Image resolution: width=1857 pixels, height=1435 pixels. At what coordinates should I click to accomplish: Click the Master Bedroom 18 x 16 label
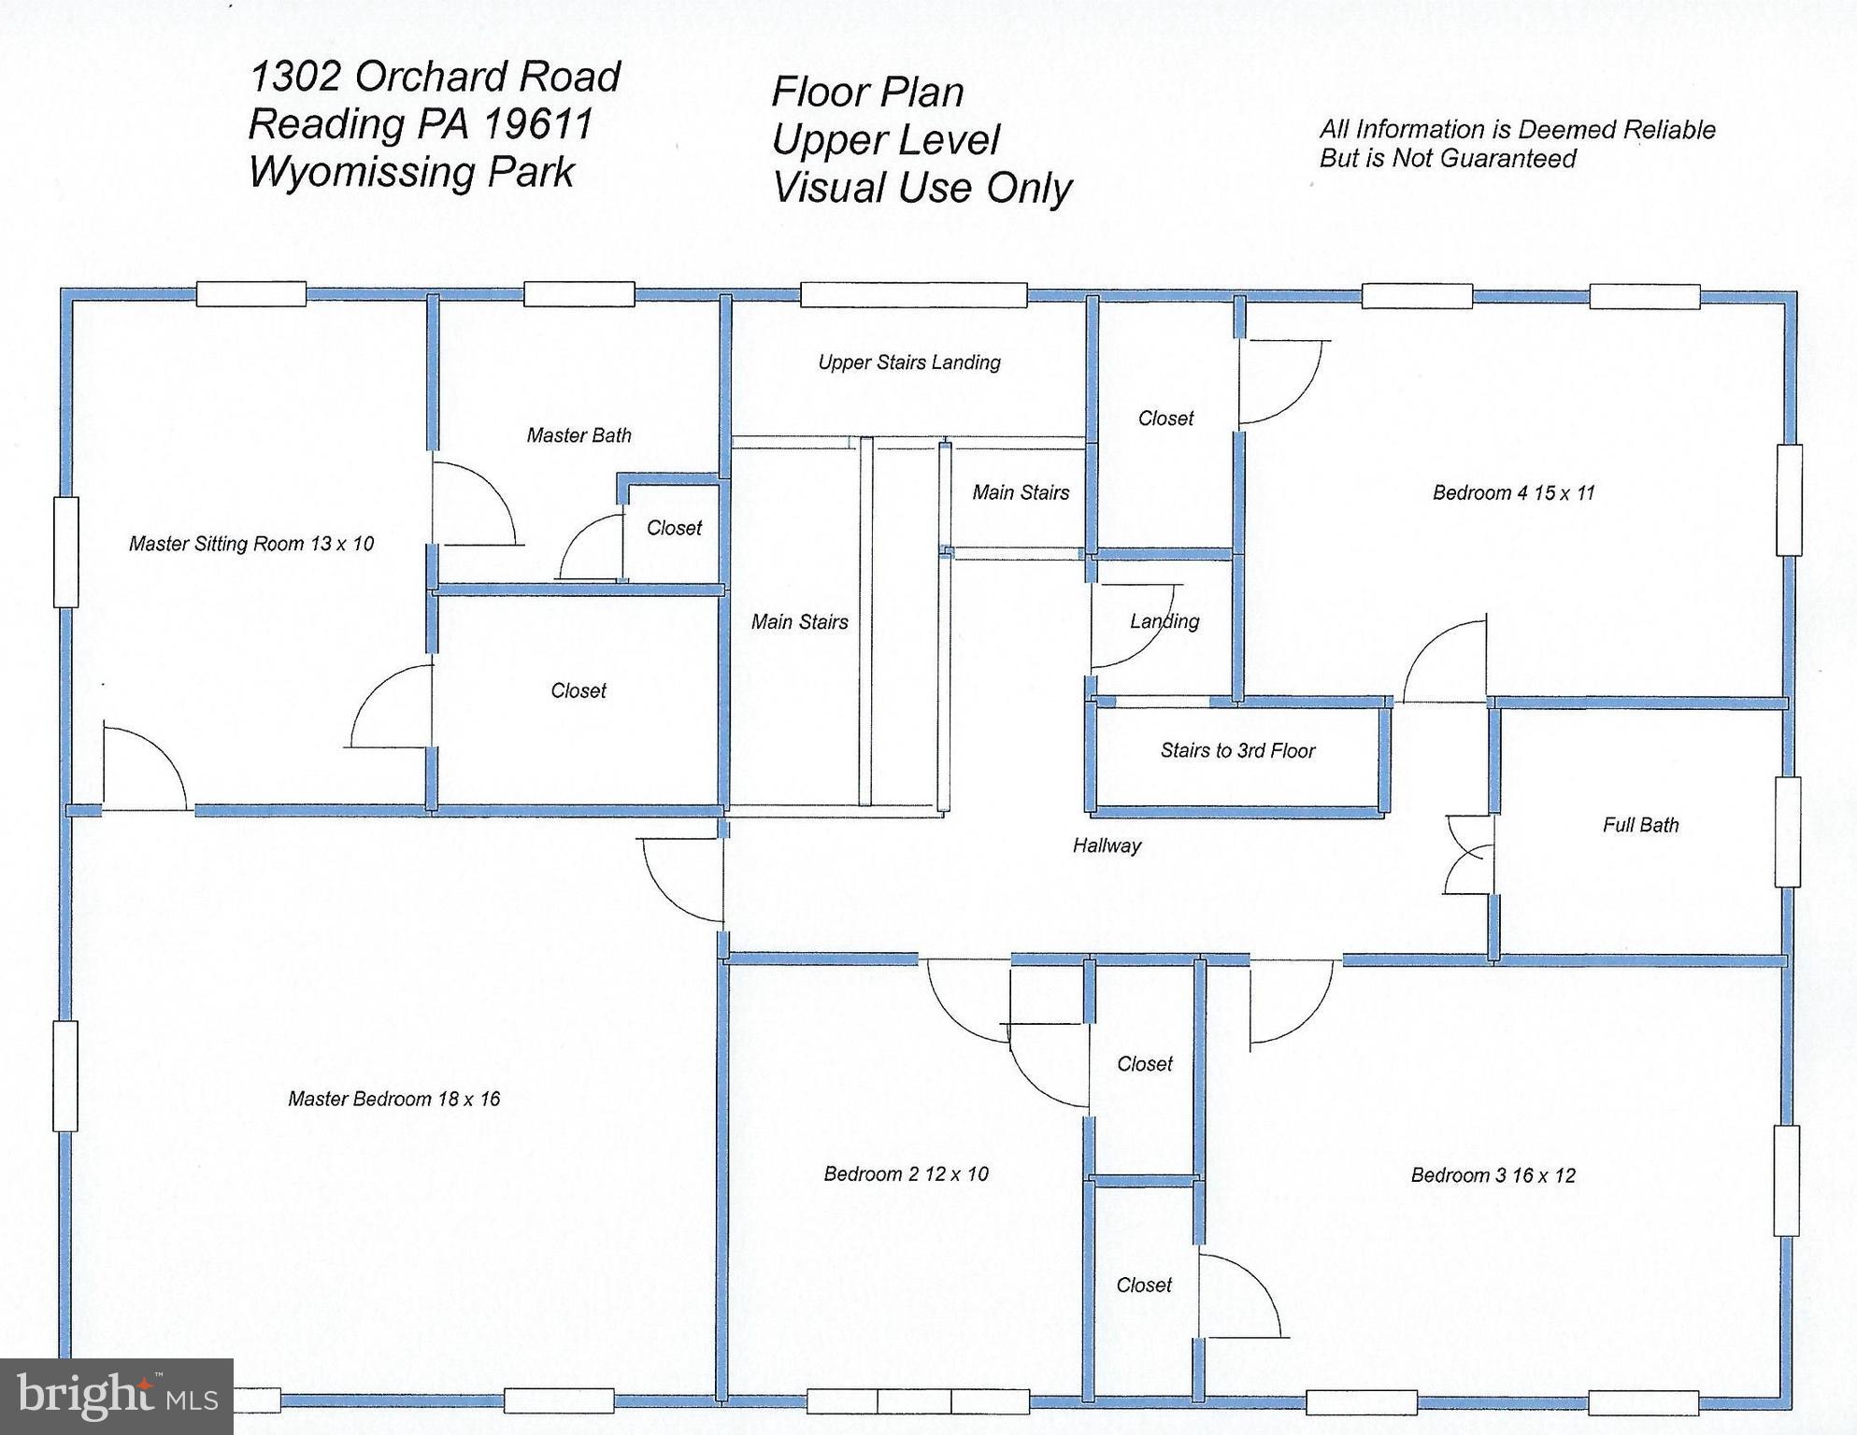pyautogui.click(x=393, y=1099)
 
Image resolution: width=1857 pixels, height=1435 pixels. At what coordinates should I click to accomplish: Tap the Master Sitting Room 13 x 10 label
pyautogui.click(x=251, y=544)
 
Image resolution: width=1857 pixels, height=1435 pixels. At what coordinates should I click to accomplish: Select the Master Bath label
pyautogui.click(x=579, y=435)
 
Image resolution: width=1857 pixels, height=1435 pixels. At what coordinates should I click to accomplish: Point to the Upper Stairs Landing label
pyautogui.click(x=909, y=362)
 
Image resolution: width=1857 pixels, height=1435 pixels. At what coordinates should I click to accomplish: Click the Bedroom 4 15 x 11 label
pyautogui.click(x=1513, y=492)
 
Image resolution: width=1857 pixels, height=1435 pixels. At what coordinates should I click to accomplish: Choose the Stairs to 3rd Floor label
pyautogui.click(x=1237, y=750)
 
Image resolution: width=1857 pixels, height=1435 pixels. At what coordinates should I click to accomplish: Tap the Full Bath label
pyautogui.click(x=1640, y=825)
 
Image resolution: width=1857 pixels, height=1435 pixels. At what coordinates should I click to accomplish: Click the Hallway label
pyautogui.click(x=1107, y=845)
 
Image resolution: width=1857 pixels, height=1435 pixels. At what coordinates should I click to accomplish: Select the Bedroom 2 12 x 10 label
pyautogui.click(x=906, y=1173)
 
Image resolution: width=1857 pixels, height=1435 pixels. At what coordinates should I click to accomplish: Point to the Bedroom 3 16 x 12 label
pyautogui.click(x=1493, y=1175)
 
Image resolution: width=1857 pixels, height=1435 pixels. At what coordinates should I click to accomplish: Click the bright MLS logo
pyautogui.click(x=117, y=1396)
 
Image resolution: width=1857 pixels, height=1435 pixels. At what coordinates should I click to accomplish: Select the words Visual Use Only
pyautogui.click(x=921, y=188)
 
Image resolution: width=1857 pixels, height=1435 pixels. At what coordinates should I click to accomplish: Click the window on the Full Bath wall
pyautogui.click(x=1787, y=832)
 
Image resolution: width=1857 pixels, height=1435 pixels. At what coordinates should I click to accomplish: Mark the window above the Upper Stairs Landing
pyautogui.click(x=913, y=294)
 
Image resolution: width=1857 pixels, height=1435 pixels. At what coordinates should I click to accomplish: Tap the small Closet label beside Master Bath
pyautogui.click(x=674, y=528)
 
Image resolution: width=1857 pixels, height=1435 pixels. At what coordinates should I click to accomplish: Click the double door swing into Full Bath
pyautogui.click(x=1468, y=855)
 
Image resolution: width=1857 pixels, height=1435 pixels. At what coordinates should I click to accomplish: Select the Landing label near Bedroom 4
pyautogui.click(x=1164, y=621)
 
